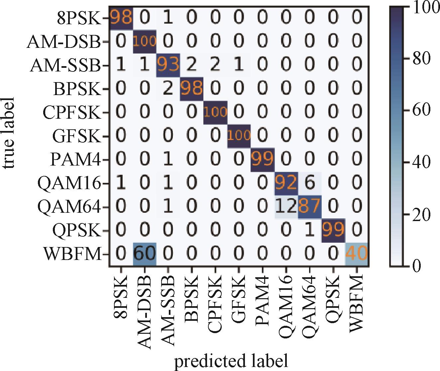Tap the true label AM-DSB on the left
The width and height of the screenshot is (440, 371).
pos(64,42)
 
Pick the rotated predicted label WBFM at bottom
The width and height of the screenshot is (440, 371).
pos(357,304)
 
